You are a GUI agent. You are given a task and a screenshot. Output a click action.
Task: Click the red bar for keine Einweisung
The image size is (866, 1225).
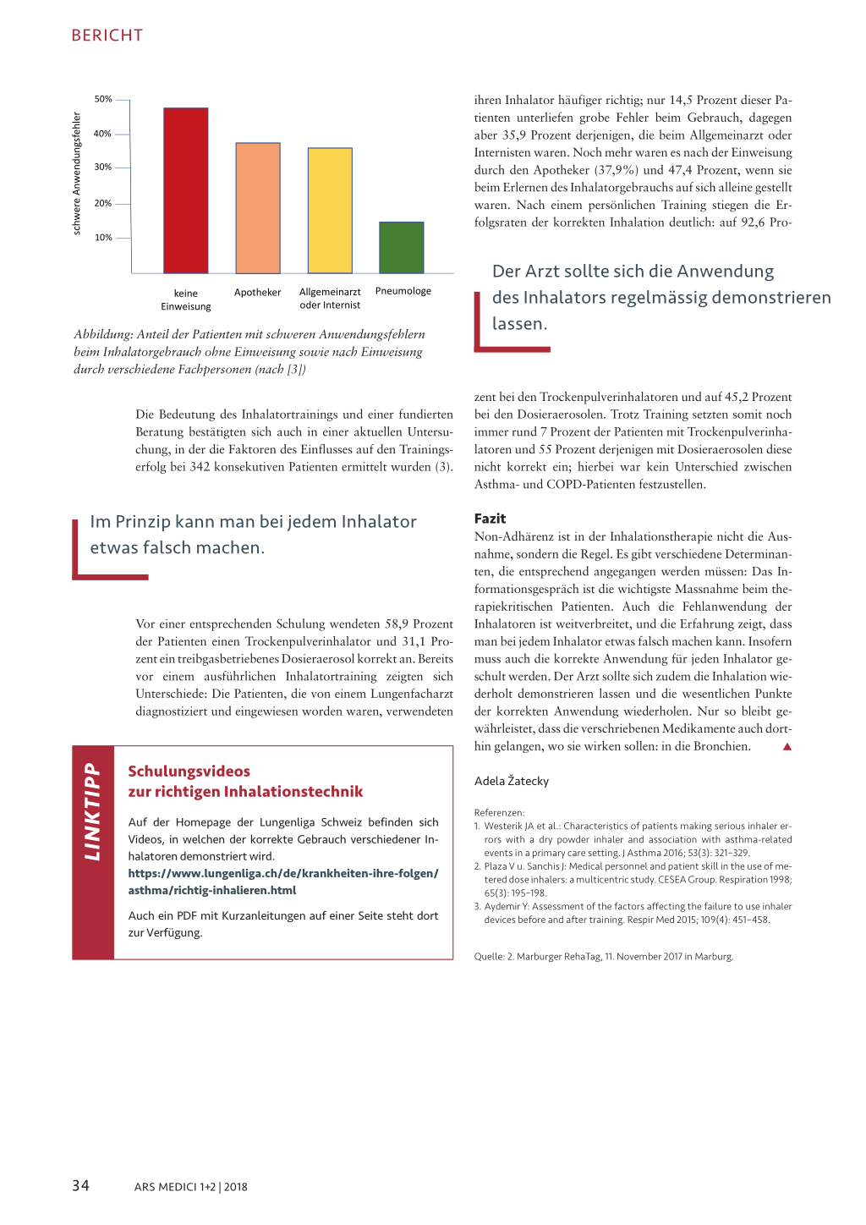[x=186, y=190]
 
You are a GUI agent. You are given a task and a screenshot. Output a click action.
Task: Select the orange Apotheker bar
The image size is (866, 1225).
[x=258, y=208]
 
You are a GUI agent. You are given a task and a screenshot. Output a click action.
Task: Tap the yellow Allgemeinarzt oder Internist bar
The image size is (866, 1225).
[x=330, y=211]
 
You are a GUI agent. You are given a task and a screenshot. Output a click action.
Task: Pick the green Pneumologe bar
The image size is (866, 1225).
[x=402, y=247]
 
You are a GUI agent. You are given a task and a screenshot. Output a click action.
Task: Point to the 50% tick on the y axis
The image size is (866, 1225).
[x=103, y=99]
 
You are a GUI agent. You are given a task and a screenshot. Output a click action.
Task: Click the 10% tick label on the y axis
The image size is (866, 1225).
[x=103, y=238]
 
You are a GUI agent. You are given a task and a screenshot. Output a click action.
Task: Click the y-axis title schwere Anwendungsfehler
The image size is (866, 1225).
[x=77, y=173]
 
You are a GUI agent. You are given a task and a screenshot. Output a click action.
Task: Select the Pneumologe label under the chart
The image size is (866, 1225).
[x=403, y=291]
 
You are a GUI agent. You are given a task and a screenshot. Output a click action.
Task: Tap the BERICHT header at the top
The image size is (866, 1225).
[x=107, y=36]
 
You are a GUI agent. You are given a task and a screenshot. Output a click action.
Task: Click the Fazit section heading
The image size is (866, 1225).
[x=490, y=519]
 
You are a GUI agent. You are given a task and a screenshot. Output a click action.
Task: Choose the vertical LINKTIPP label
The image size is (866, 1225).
[x=92, y=812]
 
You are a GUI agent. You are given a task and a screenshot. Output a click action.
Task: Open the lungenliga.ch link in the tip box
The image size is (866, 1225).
[x=283, y=882]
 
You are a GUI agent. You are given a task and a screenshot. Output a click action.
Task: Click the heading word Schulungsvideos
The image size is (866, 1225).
[x=189, y=772]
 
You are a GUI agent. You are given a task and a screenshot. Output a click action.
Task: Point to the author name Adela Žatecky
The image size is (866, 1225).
[x=512, y=781]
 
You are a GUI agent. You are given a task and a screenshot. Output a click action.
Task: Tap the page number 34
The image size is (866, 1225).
[x=80, y=1185]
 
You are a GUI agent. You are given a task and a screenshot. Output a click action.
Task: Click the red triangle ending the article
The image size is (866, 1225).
[x=787, y=746]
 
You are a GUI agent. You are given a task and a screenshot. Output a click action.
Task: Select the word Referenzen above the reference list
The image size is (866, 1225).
[x=499, y=813]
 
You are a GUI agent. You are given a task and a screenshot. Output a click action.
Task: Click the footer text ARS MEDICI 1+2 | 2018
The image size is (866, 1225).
[x=190, y=1187]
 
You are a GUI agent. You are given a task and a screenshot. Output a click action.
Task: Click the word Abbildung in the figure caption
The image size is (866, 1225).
[x=102, y=334]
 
